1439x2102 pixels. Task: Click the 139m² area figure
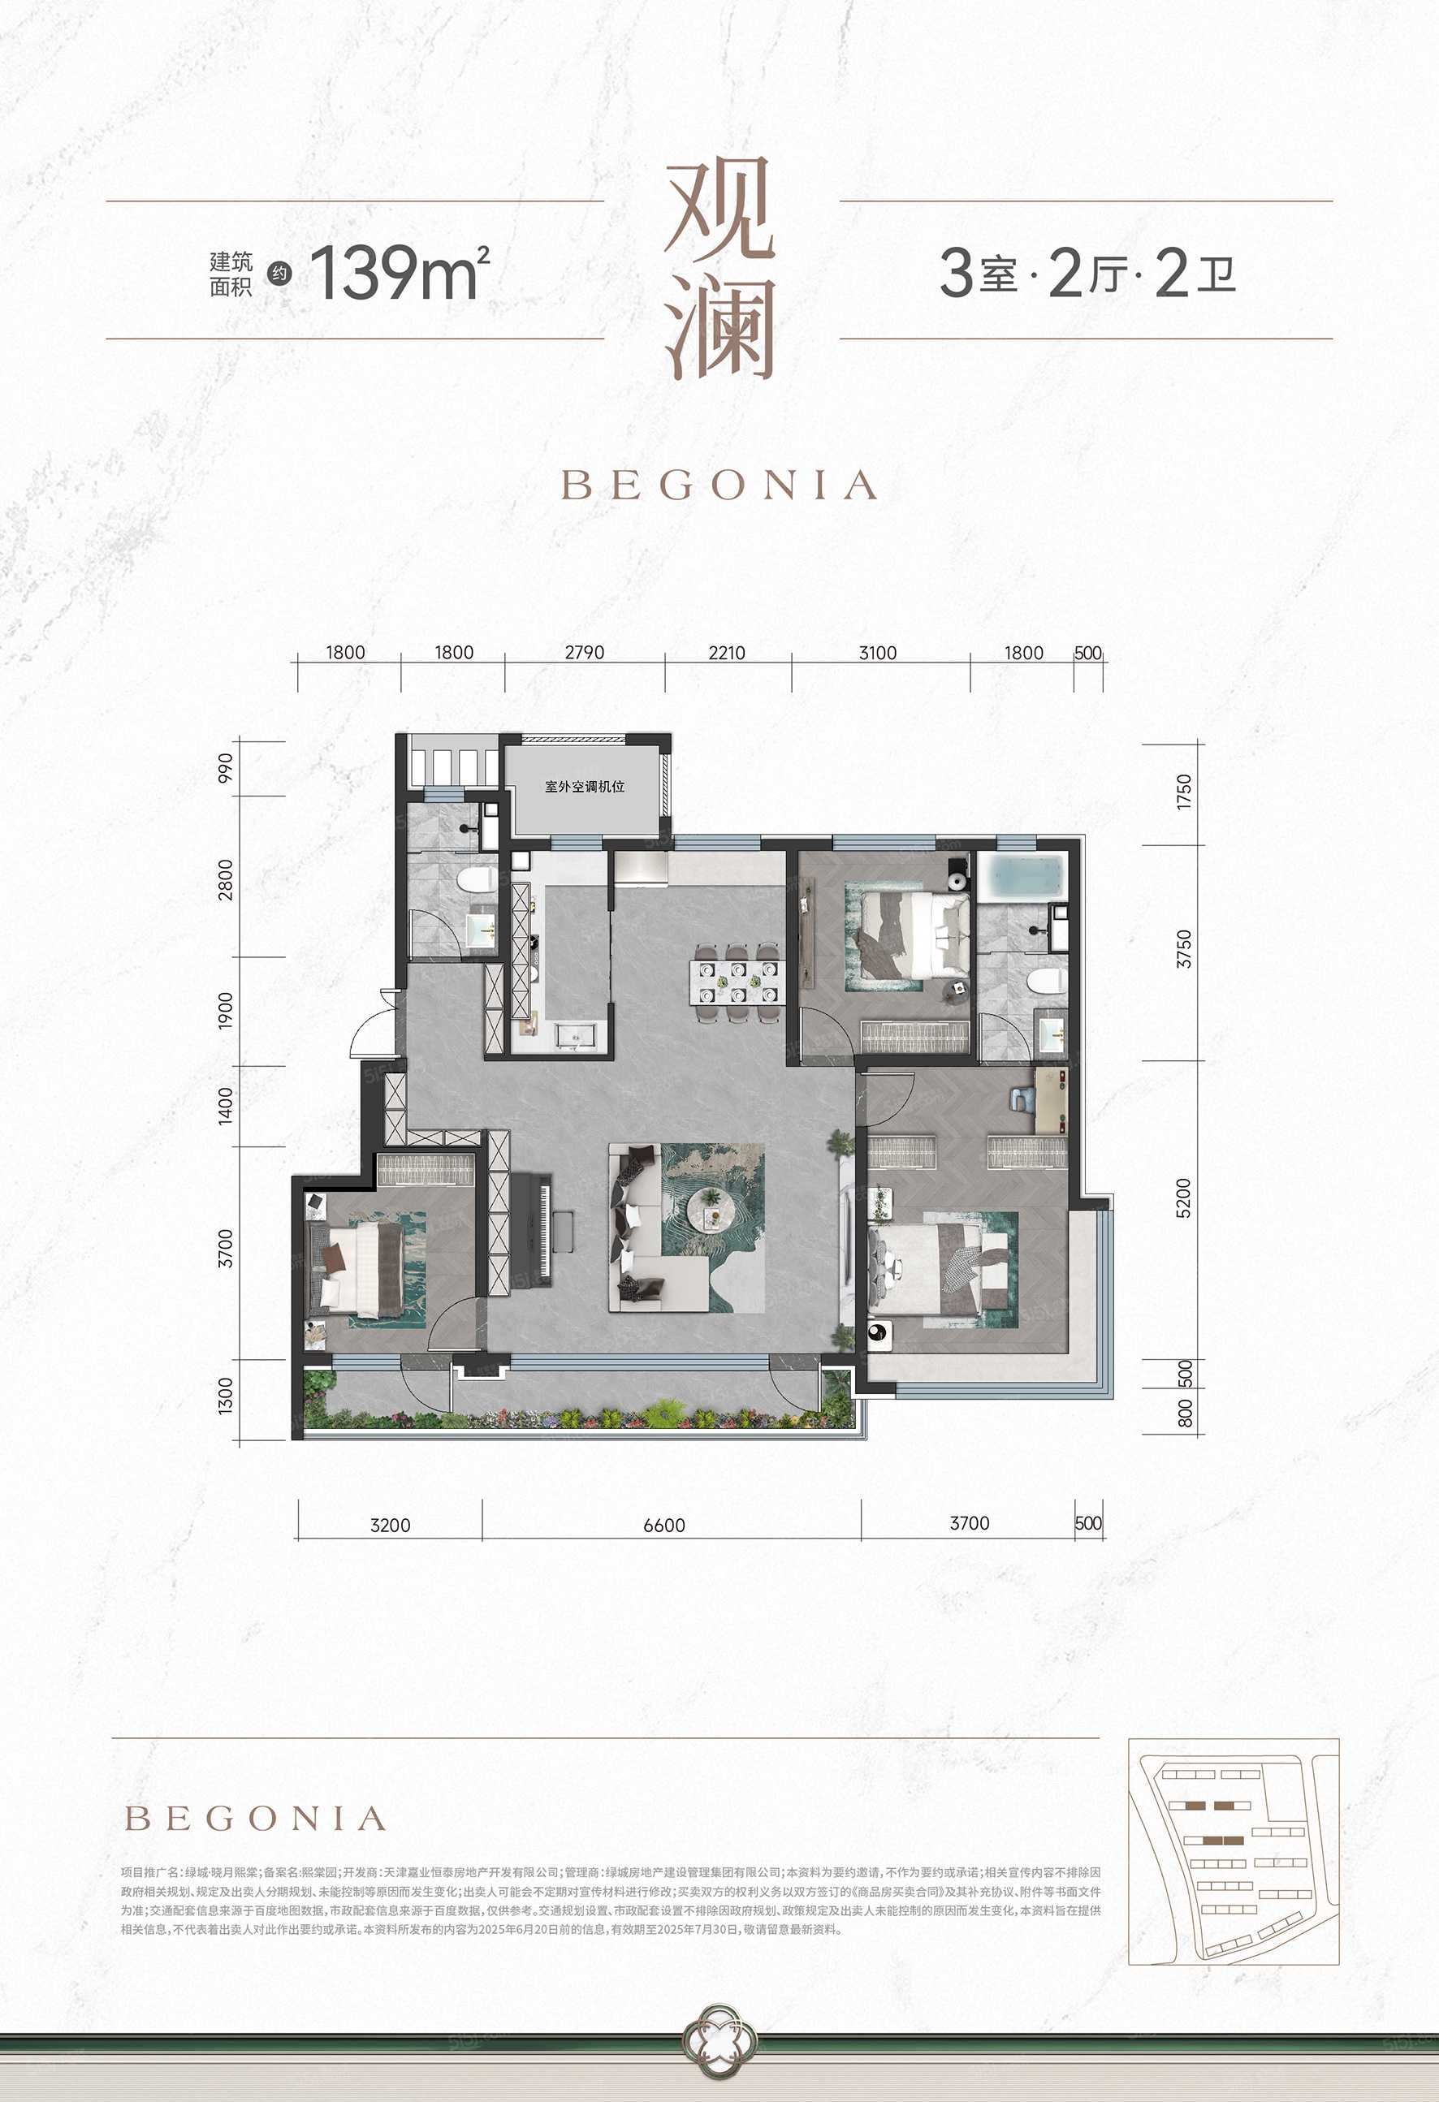tap(399, 272)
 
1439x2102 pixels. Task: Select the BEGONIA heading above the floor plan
tap(719, 486)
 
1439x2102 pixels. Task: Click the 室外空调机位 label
tap(584, 786)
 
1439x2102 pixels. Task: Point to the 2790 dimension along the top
tap(584, 652)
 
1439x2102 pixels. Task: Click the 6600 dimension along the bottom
tap(664, 1525)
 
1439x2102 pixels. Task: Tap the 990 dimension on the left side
tap(224, 767)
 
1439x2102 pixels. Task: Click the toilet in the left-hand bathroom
tap(474, 879)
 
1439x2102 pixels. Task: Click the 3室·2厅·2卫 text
tap(1087, 272)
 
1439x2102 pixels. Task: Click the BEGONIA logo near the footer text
tap(255, 1819)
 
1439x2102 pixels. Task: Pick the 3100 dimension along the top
tap(877, 652)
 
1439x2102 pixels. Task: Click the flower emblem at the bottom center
tap(719, 2065)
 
